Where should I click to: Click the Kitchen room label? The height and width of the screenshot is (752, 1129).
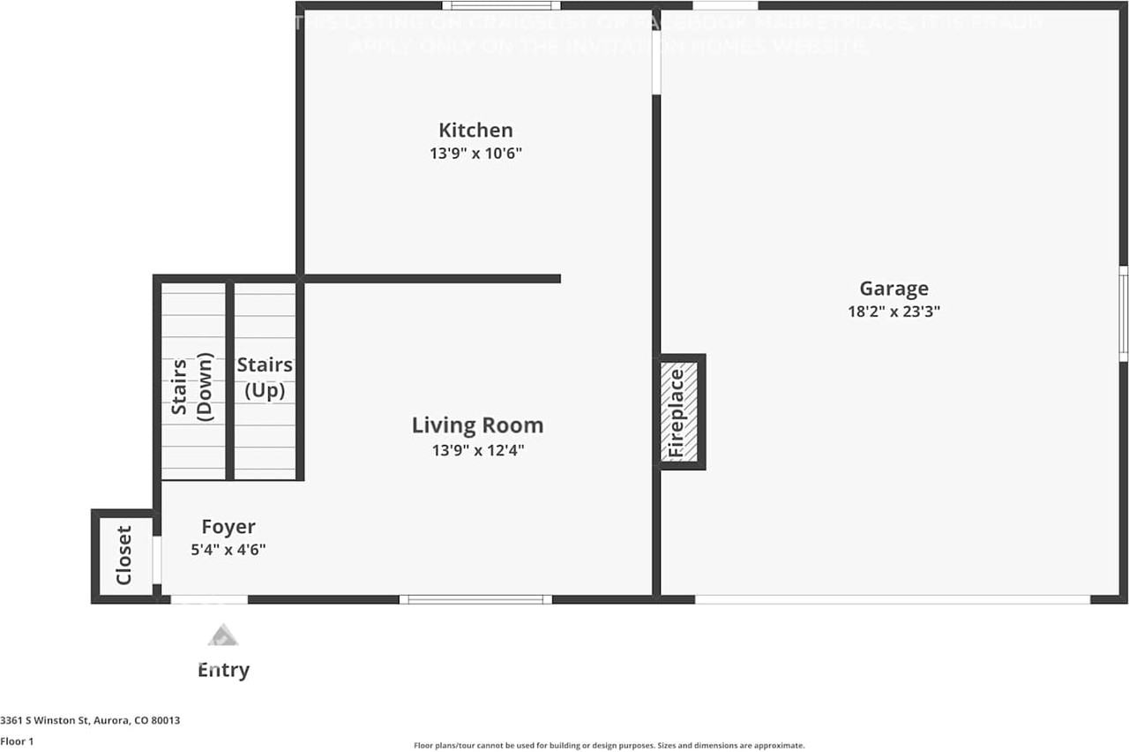(475, 131)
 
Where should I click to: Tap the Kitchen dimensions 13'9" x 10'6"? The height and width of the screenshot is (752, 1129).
(475, 154)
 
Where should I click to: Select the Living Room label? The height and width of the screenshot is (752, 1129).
(477, 425)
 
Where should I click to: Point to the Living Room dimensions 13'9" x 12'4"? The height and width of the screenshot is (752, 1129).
(477, 450)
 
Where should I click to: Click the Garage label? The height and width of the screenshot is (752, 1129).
(893, 289)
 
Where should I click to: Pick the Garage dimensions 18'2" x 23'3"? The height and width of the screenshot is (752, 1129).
(893, 312)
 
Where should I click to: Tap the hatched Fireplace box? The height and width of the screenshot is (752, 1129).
(680, 412)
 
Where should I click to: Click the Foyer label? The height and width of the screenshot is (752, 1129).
(228, 527)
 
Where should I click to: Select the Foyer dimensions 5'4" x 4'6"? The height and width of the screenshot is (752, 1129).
(228, 549)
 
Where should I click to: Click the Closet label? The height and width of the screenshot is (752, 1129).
(123, 555)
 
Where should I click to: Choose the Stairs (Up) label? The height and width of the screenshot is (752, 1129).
(265, 377)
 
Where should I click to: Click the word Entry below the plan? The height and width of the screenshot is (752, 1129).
(223, 670)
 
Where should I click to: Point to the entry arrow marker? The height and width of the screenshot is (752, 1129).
(223, 635)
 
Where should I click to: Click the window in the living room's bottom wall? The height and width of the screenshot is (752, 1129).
(475, 599)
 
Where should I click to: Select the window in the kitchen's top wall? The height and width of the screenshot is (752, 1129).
(501, 5)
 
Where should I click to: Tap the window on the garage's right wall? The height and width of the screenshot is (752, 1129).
(1124, 313)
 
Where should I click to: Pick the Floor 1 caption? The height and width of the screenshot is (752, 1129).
(17, 741)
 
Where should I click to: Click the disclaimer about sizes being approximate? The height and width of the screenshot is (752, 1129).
(609, 746)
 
